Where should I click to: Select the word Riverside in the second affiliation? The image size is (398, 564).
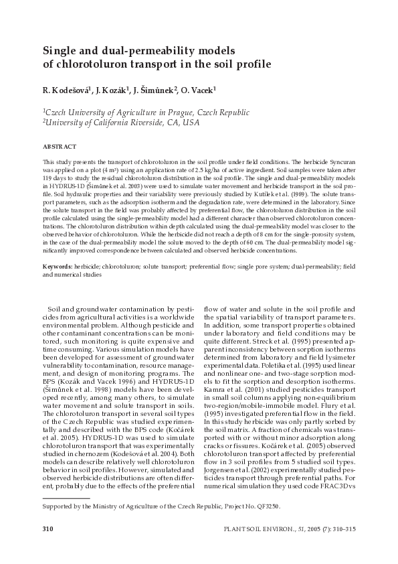(x=144, y=123)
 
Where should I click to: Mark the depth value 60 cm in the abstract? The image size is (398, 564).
(x=222, y=226)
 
